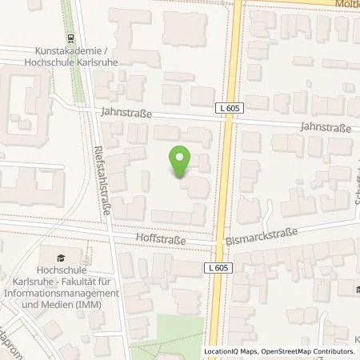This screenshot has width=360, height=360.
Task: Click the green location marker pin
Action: click(x=181, y=162)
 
